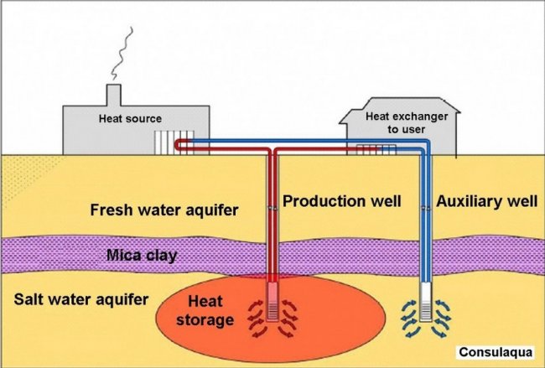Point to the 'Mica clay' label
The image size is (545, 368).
[x=141, y=255]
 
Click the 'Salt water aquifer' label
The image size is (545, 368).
[x=80, y=299]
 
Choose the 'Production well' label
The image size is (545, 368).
[x=342, y=202]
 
